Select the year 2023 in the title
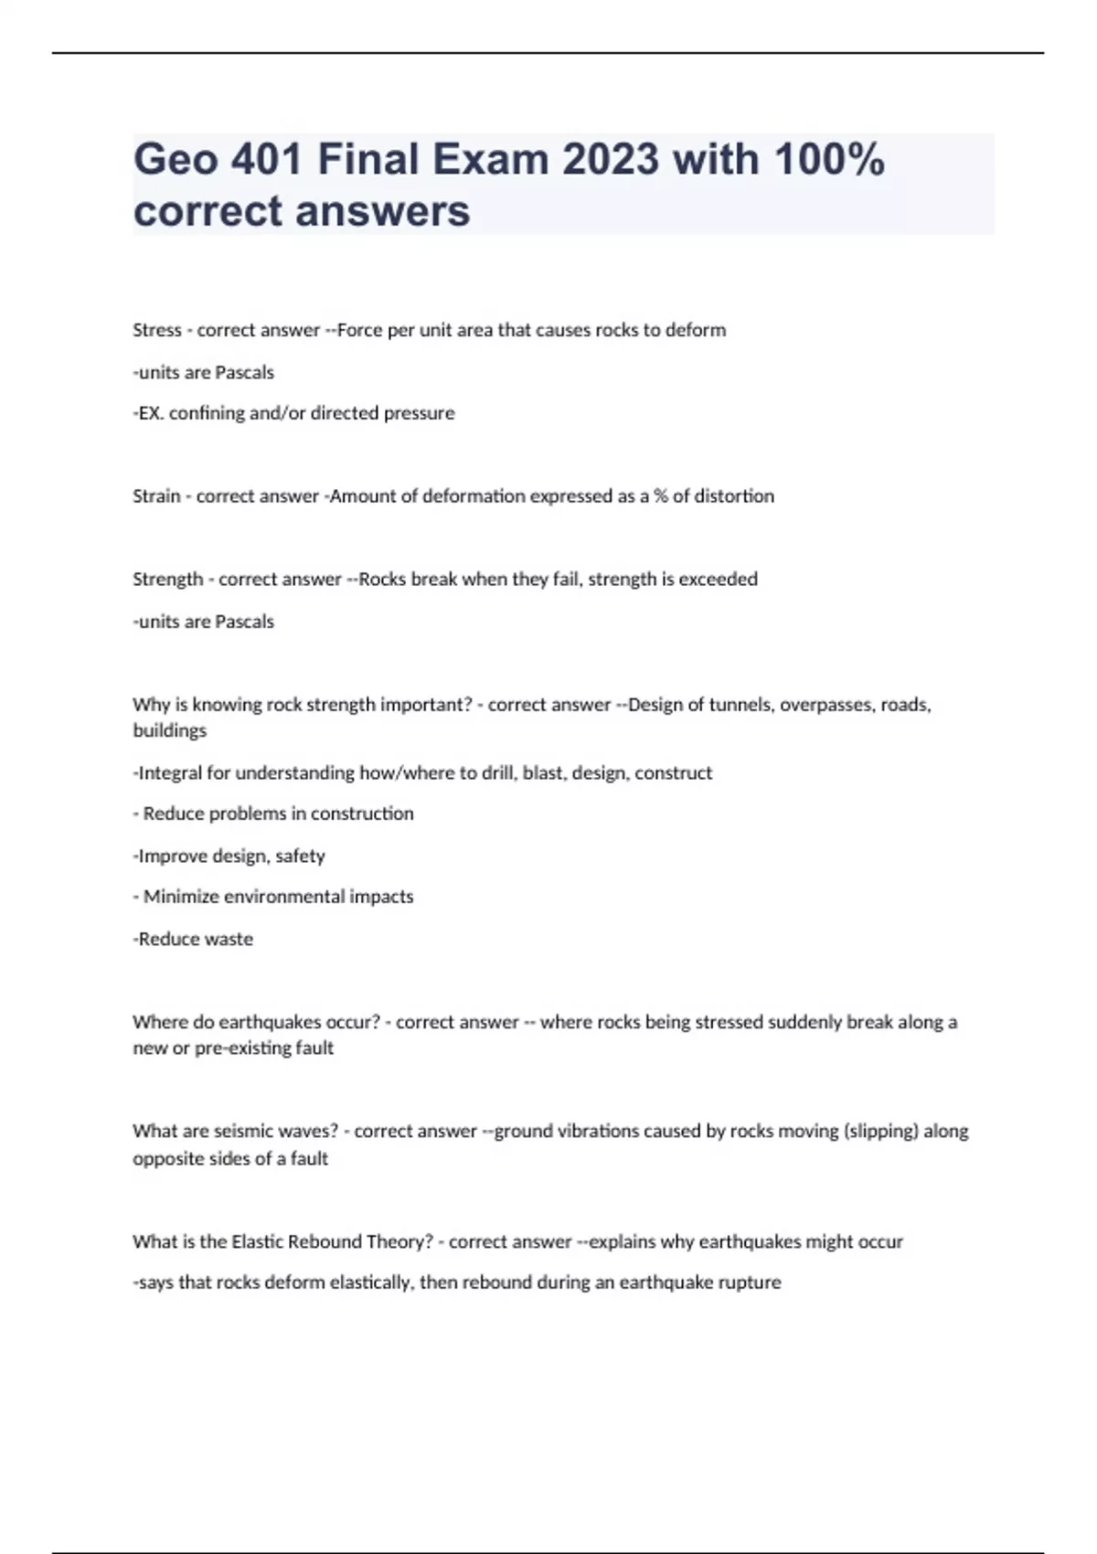pos(610,159)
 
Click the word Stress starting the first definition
pos(156,330)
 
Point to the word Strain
pos(156,496)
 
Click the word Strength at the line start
pos(167,580)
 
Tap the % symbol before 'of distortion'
pos(660,496)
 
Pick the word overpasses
pos(827,705)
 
